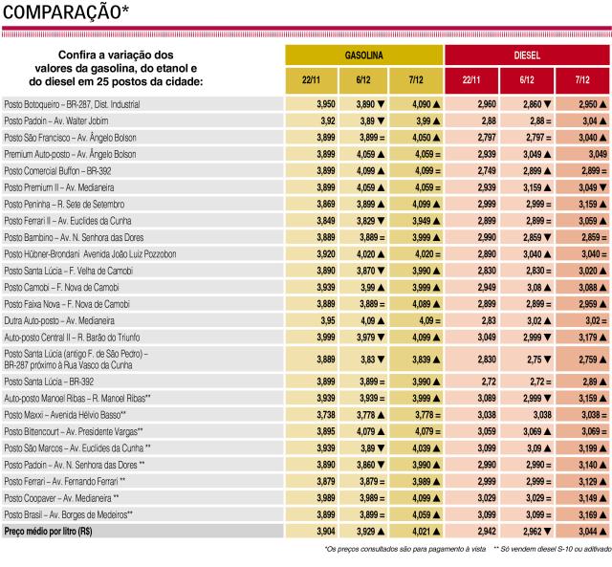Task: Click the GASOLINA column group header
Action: coord(363,55)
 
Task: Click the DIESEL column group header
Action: coord(527,55)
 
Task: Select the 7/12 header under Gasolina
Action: coord(416,80)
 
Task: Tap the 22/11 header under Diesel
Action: coord(471,80)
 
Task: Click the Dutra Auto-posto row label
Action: coord(59,320)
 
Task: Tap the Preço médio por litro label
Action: coord(48,531)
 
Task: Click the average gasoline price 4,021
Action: coord(422,531)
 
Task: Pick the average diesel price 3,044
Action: coord(588,531)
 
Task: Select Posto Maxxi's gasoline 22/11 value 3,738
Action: coord(326,415)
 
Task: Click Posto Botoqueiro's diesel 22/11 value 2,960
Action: coord(487,104)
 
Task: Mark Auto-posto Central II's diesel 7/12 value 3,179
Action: coord(588,338)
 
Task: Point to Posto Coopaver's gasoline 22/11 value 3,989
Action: coord(326,498)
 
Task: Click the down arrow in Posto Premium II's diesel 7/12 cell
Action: coord(602,187)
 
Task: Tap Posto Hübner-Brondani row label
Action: coord(90,254)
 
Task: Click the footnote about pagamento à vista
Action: coord(405,549)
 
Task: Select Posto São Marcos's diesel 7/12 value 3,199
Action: coord(588,448)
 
